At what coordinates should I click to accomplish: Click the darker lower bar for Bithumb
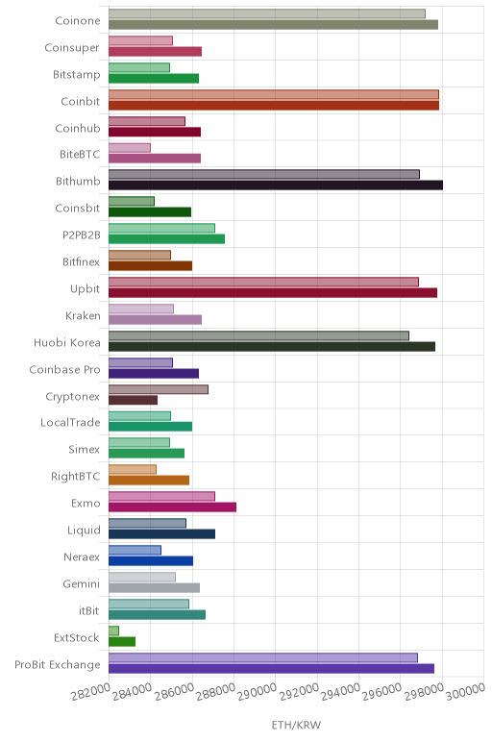pos(276,185)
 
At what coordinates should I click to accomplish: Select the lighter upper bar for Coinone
pos(267,13)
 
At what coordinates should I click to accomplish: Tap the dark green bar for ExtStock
pos(122,642)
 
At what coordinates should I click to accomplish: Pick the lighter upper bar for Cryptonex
pos(159,389)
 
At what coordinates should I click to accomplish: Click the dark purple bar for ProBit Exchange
pos(272,669)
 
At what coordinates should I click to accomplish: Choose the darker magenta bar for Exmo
pos(173,507)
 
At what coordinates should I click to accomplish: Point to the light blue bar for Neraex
pos(135,550)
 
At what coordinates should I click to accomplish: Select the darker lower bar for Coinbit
pos(274,105)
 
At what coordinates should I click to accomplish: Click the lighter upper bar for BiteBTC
pos(130,148)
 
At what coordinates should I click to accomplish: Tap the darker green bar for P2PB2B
pos(167,239)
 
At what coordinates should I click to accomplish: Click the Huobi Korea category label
pos(66,342)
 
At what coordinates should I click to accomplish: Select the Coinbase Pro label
pos(64,370)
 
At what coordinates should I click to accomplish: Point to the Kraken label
pos(83,315)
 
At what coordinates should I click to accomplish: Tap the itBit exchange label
pos(89,611)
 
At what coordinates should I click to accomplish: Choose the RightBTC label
pos(75,477)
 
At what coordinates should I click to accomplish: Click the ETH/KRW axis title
pos(296,725)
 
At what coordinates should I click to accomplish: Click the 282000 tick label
pos(90,693)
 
